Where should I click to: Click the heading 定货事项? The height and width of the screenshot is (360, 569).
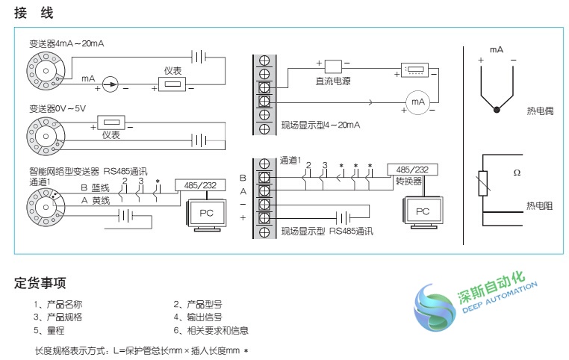coord(40,283)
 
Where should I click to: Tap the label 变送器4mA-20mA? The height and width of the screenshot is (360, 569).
coord(66,44)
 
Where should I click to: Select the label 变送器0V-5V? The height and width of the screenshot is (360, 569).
coord(57,108)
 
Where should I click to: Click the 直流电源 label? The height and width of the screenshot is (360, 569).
coord(333,79)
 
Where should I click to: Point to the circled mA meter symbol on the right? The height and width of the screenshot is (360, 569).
coord(419,101)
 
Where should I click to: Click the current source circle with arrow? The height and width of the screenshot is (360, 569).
coord(110,84)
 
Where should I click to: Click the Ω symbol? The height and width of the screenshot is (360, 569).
coord(516,173)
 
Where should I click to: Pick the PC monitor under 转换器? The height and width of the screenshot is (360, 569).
coord(423,211)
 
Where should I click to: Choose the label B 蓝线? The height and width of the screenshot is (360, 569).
coord(95,190)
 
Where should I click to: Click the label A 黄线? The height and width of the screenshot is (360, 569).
coord(95,201)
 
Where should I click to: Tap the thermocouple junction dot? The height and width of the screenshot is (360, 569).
coord(497,111)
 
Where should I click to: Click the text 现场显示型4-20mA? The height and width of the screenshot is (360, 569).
coord(320,125)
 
